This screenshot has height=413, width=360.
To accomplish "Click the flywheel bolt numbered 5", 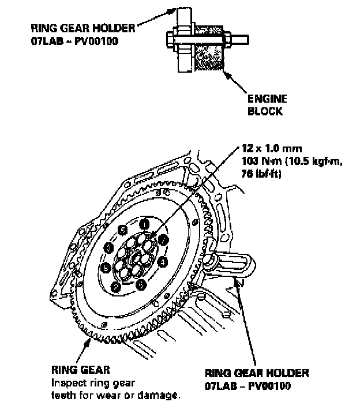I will point(122,230).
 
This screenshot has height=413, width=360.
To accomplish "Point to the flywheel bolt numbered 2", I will point(164,238).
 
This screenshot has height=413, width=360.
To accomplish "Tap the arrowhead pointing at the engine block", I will point(227,73).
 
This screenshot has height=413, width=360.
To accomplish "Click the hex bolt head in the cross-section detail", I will point(172,40).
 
